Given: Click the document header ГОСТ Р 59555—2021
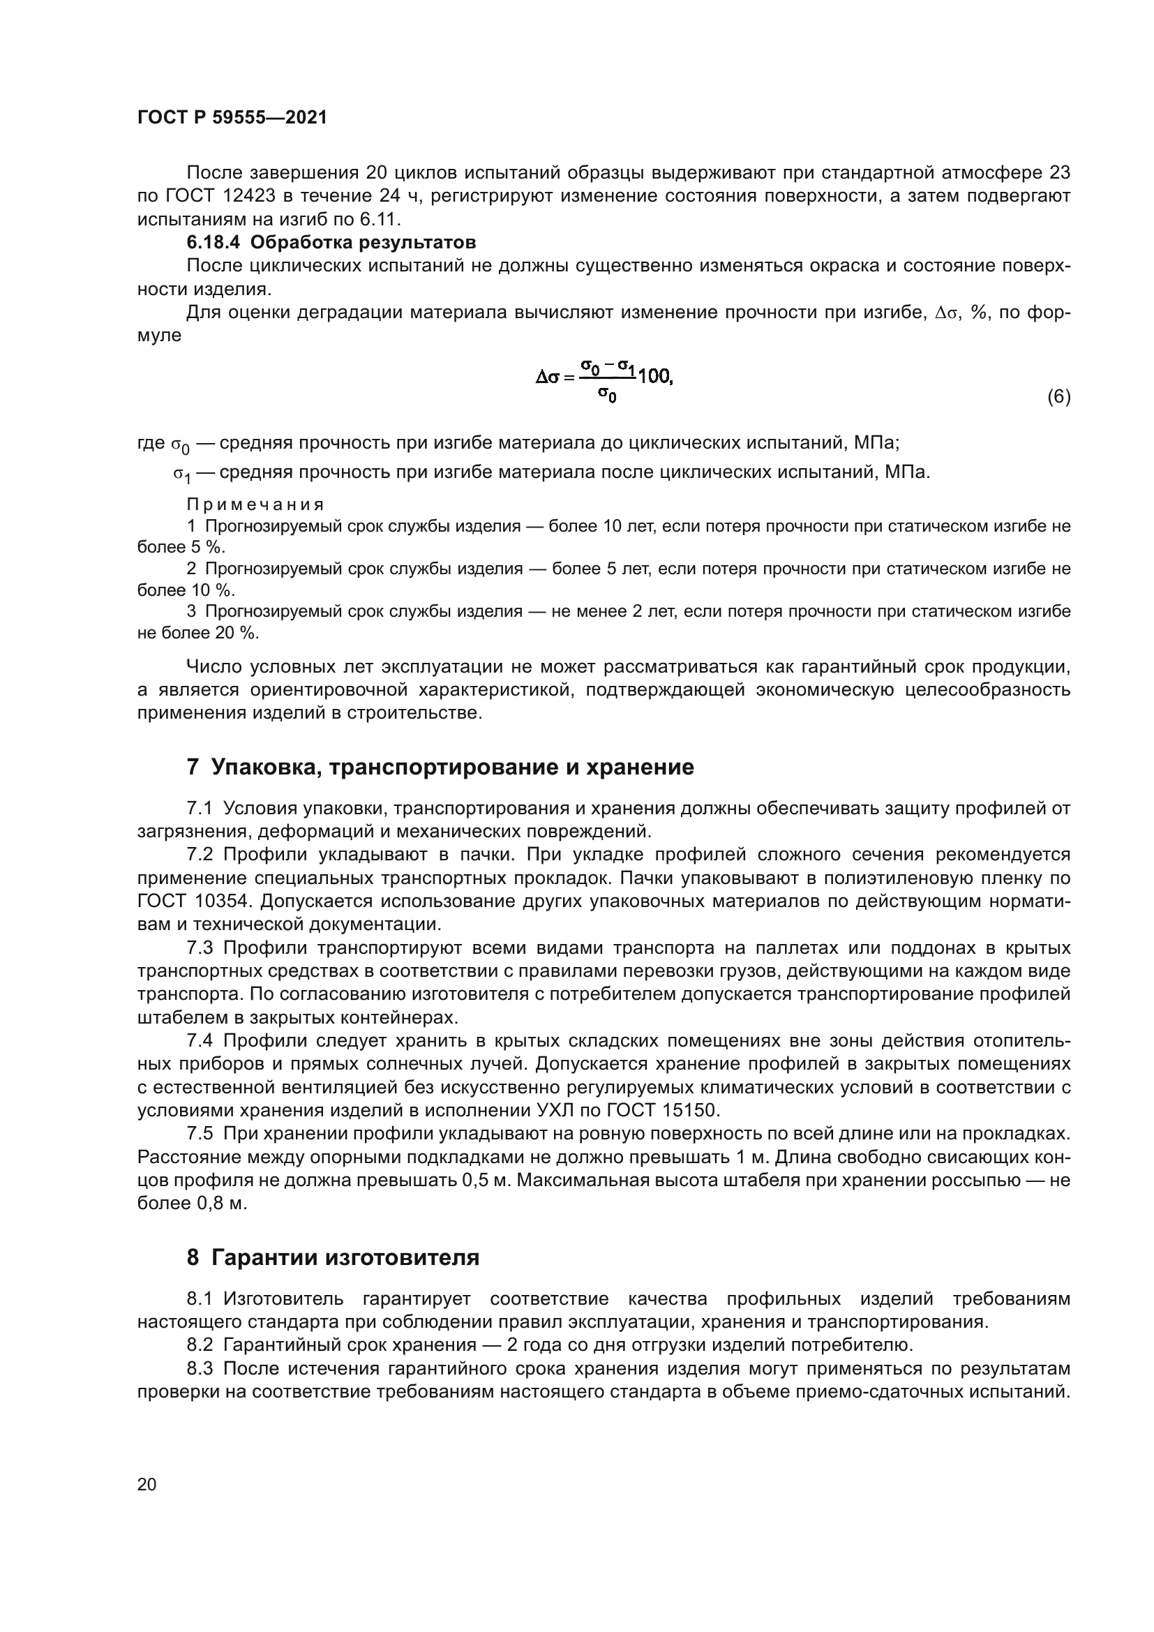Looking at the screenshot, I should pos(232,117).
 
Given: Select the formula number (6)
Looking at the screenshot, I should pos(1058,396).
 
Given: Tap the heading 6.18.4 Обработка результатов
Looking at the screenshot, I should pos(331,242).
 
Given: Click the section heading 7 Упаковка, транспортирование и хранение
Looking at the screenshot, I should pos(440,767).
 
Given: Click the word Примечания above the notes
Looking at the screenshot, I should pos(255,504).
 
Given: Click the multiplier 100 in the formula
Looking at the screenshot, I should pos(654,377).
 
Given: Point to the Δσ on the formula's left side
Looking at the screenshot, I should pos(547,377).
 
